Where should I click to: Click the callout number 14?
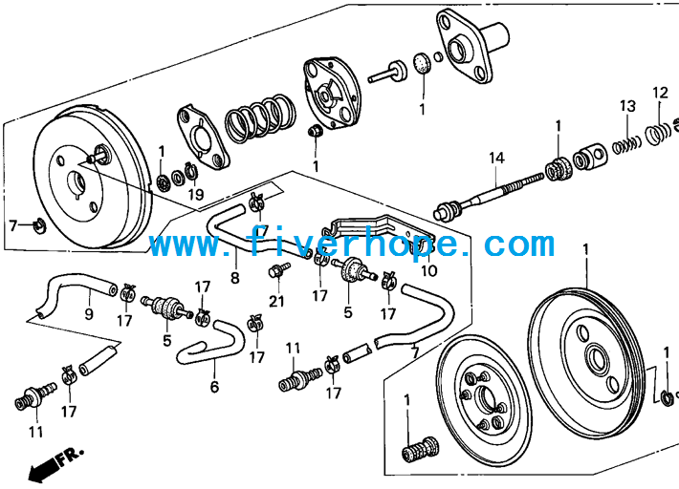click(x=496, y=159)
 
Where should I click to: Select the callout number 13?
click(x=627, y=106)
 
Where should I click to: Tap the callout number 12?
click(x=661, y=93)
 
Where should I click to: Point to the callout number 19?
click(x=196, y=195)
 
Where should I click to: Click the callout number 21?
click(x=276, y=301)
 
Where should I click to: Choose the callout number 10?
click(x=429, y=271)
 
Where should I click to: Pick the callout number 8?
click(x=235, y=278)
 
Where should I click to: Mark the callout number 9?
click(x=89, y=314)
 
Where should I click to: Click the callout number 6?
click(x=215, y=387)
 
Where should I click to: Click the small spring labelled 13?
click(x=626, y=145)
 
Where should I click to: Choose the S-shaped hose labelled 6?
click(x=211, y=344)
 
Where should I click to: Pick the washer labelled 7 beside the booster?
click(x=40, y=224)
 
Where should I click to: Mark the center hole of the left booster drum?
click(x=78, y=181)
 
